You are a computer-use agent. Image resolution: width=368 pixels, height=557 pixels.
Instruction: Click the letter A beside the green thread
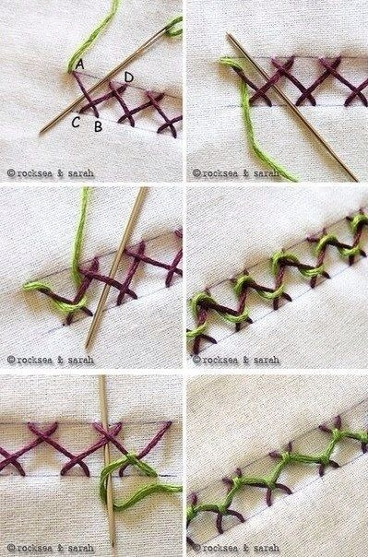pos(80,65)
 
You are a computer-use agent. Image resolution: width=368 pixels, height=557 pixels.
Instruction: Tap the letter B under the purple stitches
pos(99,126)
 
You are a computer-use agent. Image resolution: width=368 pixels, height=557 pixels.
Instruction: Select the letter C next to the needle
pos(76,123)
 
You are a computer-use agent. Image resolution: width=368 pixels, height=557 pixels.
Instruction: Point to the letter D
pos(129,77)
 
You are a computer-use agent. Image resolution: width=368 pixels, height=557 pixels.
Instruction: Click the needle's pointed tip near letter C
pos(41,133)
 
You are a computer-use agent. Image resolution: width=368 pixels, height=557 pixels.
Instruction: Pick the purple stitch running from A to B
pos(85,94)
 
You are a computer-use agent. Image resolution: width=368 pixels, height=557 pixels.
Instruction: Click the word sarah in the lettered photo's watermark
pos(80,173)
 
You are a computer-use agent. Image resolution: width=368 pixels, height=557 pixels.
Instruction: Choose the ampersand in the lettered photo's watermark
pos(61,173)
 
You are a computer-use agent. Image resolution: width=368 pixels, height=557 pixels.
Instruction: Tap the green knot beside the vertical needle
pos(132,460)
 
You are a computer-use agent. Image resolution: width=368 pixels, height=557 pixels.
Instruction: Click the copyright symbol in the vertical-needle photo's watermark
pos(11,548)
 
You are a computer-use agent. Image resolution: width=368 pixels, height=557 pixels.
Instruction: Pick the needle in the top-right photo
pos(292,107)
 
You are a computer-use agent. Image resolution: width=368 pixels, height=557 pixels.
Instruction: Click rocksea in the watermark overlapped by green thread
pos(221,173)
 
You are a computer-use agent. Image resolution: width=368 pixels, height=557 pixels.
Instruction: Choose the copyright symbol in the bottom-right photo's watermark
pos(196,548)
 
